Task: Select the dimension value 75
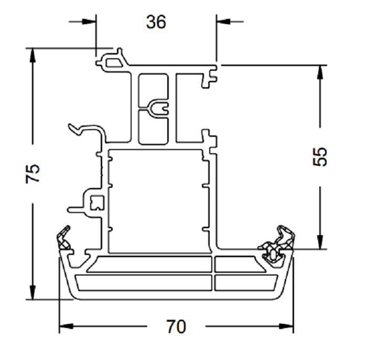(33, 173)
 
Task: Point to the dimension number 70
(176, 326)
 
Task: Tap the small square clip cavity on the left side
(97, 202)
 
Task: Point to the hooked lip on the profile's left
(84, 129)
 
